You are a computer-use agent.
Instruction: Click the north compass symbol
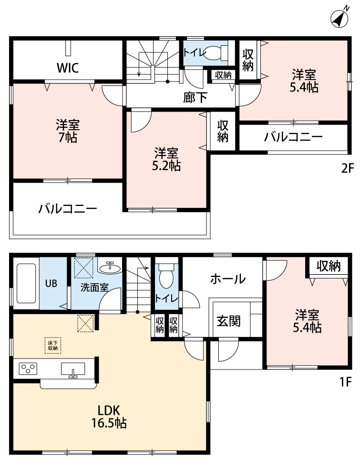340,18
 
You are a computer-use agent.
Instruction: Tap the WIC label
68,68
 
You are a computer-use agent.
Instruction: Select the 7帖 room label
68,132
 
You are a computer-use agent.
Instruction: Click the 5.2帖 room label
166,160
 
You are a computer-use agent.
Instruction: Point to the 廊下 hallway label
195,97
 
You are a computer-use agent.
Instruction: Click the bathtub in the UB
26,283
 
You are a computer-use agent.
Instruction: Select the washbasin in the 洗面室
110,268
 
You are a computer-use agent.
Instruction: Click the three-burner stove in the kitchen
28,368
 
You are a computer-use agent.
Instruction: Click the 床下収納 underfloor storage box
53,345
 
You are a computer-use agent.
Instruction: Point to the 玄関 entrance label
228,321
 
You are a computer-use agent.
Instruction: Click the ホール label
227,278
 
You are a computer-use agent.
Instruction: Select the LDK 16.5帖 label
109,416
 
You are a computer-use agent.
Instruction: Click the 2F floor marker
347,168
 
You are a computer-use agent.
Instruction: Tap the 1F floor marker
346,382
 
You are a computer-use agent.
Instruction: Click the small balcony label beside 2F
293,137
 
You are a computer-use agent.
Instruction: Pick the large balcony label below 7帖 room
68,209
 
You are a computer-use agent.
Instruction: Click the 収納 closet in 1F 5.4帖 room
329,266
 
